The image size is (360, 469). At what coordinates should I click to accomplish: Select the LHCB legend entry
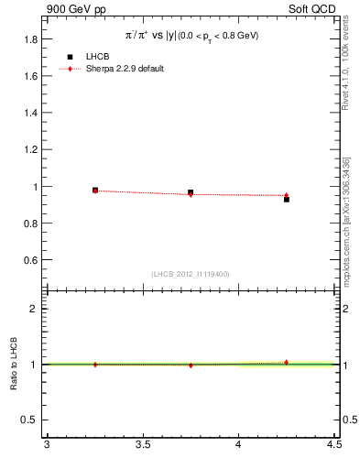click(x=97, y=57)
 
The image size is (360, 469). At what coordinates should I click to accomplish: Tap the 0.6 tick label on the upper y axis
click(x=30, y=260)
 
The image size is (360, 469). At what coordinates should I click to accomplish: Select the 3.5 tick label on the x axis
click(x=142, y=446)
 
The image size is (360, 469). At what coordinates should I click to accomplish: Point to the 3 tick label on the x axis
click(x=47, y=446)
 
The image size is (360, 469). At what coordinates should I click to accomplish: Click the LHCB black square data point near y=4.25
click(x=286, y=199)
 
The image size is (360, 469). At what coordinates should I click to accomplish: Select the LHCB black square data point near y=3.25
click(x=95, y=191)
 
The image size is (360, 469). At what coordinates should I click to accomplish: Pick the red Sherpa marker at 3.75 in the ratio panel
click(x=191, y=365)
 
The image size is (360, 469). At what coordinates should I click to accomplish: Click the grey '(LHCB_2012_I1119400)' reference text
click(x=191, y=274)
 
